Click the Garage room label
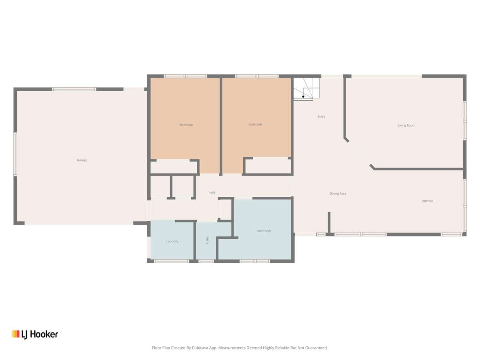pos(82,160)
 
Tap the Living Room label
pos(406,125)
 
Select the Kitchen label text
pos(428,201)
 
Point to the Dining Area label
pos(338,194)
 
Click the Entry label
pos(321,116)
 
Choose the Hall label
pos(212,192)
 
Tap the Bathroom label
pos(264,231)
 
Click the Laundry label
pos(172,241)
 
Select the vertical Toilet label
pos(207,240)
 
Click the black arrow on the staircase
pos(303,96)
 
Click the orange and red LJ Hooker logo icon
pos(16,334)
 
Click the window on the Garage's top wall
pos(74,89)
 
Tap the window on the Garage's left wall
pos(15,154)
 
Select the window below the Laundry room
pos(171,261)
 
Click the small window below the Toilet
pos(206,261)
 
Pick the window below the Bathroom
pos(255,261)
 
